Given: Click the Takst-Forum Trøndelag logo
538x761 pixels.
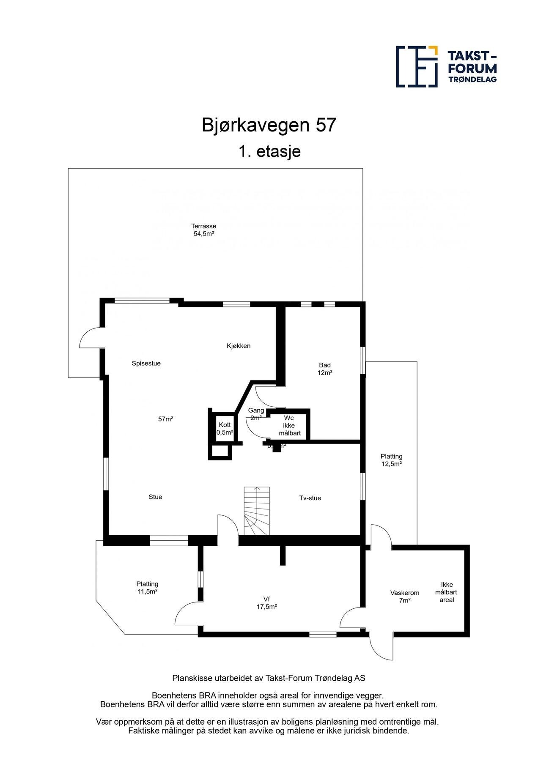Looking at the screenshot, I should pyautogui.click(x=446, y=66).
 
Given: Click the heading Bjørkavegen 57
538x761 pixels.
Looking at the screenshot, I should pyautogui.click(x=269, y=125).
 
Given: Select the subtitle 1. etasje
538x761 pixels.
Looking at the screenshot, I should pyautogui.click(x=269, y=151).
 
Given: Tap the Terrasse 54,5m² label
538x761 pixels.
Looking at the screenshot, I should pyautogui.click(x=203, y=230).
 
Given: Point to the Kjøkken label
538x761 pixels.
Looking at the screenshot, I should pyautogui.click(x=239, y=346).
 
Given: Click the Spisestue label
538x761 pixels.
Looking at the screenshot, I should pyautogui.click(x=146, y=363).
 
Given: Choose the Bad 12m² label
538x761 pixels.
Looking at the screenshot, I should pyautogui.click(x=325, y=369).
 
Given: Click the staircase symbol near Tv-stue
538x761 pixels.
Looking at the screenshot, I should pyautogui.click(x=257, y=511).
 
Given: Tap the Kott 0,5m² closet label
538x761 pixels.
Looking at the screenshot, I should pyautogui.click(x=225, y=429).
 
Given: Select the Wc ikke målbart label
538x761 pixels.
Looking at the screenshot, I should pyautogui.click(x=289, y=425).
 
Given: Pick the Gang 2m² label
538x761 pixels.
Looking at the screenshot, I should pyautogui.click(x=256, y=414).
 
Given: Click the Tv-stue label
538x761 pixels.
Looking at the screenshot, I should pyautogui.click(x=310, y=498).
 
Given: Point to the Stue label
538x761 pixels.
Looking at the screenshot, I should pyautogui.click(x=155, y=497).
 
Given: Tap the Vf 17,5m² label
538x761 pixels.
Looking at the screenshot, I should pyautogui.click(x=266, y=602).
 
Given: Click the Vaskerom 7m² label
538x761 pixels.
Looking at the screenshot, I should pyautogui.click(x=404, y=597).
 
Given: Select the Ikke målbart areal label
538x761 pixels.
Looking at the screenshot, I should pyautogui.click(x=446, y=592).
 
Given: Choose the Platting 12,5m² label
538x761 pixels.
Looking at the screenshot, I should pyautogui.click(x=391, y=460).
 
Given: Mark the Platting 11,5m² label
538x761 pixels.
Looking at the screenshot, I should pyautogui.click(x=147, y=588).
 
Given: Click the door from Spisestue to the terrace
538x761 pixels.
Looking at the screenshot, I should pyautogui.click(x=91, y=338).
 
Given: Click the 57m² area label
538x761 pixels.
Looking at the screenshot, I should pyautogui.click(x=166, y=419).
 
